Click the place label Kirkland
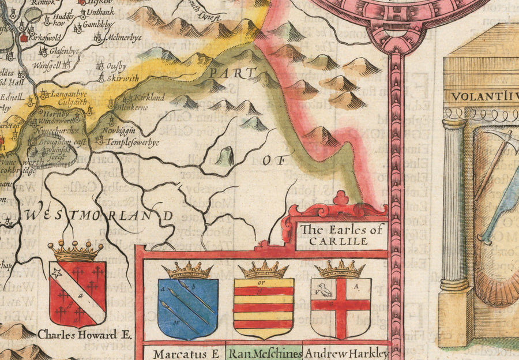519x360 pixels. click(148, 97)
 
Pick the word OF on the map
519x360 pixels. click(274, 161)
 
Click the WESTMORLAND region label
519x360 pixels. click(98, 214)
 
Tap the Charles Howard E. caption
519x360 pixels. click(77, 334)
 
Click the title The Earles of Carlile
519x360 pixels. click(341, 235)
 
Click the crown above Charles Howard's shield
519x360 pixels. click(75, 251)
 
